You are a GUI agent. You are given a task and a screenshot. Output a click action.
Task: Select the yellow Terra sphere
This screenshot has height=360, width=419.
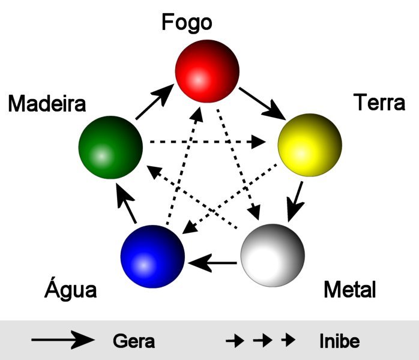pyautogui.click(x=309, y=145)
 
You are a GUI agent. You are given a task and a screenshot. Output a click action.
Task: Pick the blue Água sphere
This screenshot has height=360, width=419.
pyautogui.click(x=152, y=257)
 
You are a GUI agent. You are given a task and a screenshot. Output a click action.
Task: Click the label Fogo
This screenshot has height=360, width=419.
pyautogui.click(x=187, y=23)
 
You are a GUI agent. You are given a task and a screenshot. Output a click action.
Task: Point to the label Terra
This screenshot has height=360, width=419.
pyautogui.click(x=379, y=103)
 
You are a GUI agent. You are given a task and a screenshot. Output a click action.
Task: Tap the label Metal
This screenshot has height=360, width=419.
pyautogui.click(x=349, y=290)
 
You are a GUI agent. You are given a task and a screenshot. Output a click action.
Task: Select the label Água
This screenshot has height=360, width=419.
pyautogui.click(x=71, y=291)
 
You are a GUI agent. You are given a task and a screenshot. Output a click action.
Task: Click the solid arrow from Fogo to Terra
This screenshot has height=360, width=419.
pyautogui.click(x=262, y=102)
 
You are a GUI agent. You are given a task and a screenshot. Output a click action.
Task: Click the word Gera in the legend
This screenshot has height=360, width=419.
pyautogui.click(x=134, y=341)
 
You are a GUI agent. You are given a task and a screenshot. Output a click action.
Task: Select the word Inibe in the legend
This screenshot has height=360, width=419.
pyautogui.click(x=339, y=341)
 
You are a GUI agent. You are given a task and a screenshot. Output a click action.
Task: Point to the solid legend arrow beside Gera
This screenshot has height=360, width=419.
pyautogui.click(x=63, y=341)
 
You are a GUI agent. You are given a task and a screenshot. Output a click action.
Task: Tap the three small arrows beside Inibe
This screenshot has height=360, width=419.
pyautogui.click(x=261, y=341)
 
